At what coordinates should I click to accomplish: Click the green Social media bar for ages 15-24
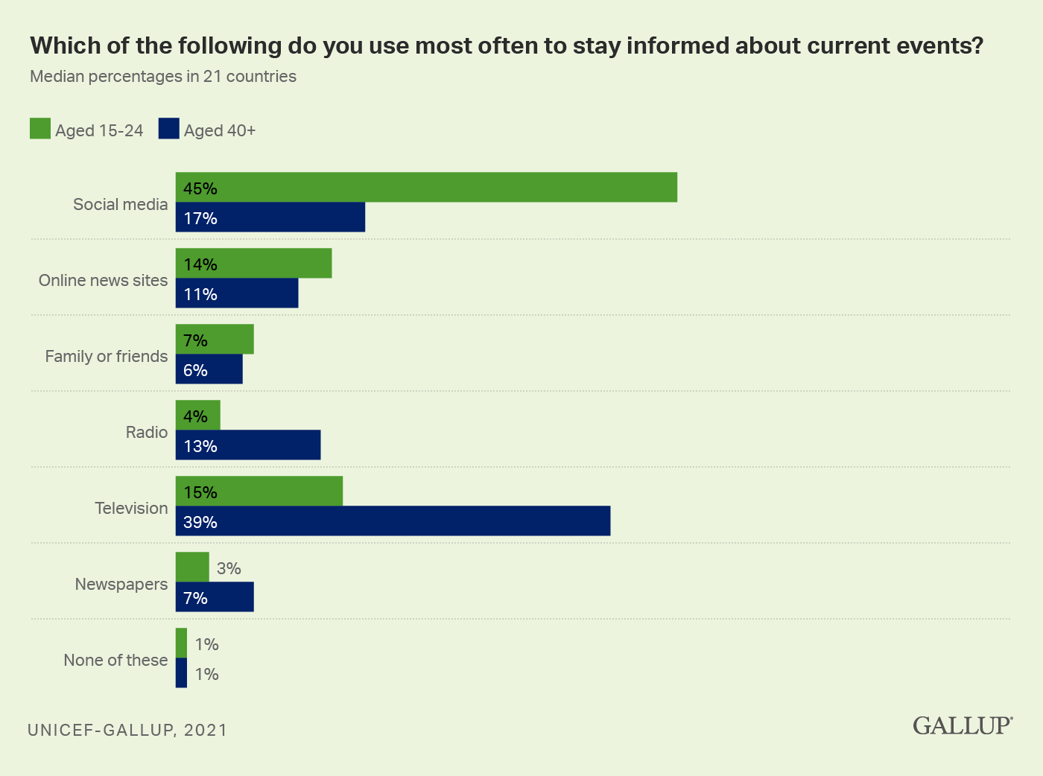(426, 188)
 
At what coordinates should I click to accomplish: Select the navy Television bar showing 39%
(393, 521)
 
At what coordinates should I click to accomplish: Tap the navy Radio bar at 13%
(248, 445)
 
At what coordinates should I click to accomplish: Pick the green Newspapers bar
(192, 567)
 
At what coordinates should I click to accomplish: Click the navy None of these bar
(181, 673)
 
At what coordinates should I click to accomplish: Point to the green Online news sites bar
(253, 264)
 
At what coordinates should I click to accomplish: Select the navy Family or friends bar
(209, 369)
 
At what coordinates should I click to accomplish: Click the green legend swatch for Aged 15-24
(40, 129)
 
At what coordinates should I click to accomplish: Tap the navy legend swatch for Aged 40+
(169, 129)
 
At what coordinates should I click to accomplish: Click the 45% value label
(200, 188)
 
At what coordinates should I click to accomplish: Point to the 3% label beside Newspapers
(229, 569)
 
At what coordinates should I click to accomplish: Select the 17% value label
(200, 218)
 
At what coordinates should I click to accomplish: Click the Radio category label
(147, 432)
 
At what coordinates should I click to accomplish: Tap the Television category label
(131, 508)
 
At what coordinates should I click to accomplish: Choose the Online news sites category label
(104, 280)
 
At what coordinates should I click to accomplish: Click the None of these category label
(115, 660)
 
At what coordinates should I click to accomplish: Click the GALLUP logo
(963, 725)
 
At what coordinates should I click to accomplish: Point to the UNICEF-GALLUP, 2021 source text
(127, 730)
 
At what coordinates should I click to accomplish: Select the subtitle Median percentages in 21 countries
(163, 77)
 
